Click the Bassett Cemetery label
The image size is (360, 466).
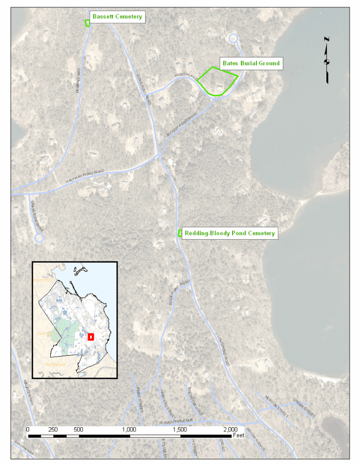[117, 17]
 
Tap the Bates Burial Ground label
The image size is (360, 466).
[251, 63]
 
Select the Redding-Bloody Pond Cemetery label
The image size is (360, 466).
[229, 234]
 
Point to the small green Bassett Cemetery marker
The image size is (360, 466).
[88, 23]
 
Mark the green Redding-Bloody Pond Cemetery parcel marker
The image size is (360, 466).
[180, 234]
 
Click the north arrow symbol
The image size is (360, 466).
[327, 60]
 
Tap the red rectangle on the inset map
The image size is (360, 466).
[91, 336]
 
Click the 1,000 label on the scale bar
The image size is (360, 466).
[129, 429]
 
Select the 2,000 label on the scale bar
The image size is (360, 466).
[231, 429]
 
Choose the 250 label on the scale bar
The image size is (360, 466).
[53, 429]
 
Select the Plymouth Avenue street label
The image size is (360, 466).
[176, 420]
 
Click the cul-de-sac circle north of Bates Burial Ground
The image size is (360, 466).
[233, 38]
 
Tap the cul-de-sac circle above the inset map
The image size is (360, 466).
[38, 238]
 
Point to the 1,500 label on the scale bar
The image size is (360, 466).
[180, 429]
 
